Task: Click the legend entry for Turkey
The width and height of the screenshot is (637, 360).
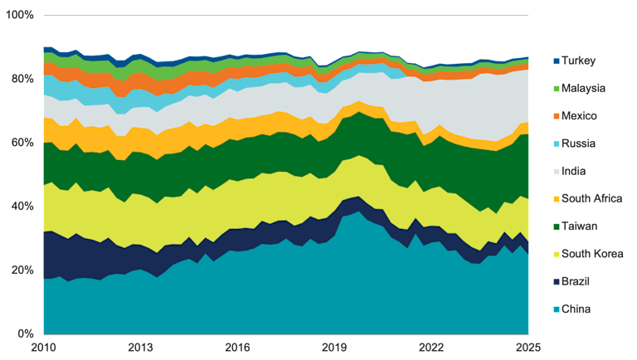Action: (578, 61)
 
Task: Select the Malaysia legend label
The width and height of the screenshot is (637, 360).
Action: (583, 88)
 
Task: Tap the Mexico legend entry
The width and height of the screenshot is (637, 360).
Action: (579, 116)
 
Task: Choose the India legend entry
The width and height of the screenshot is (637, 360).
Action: (574, 171)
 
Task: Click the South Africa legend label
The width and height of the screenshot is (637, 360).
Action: (591, 198)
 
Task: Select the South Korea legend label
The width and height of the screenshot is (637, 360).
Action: (591, 253)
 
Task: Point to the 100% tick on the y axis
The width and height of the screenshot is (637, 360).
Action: (19, 15)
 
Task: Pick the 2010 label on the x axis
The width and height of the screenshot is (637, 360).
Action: (43, 348)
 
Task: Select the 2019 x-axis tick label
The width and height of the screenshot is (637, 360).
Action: (334, 348)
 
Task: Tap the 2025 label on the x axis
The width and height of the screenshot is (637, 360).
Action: (528, 348)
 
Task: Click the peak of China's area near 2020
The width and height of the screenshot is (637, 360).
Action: (357, 211)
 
